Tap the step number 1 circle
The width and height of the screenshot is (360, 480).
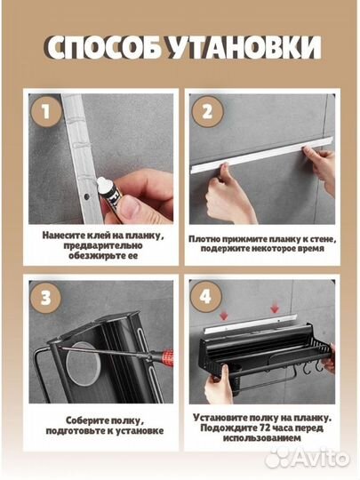pyautogui.click(x=46, y=111)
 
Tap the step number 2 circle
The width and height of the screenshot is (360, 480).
pyautogui.click(x=207, y=111)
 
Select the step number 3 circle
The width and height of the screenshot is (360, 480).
pyautogui.click(x=46, y=298)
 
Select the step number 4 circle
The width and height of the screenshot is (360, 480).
pyautogui.click(x=205, y=297)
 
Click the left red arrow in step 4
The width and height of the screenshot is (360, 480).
pyautogui.click(x=224, y=316)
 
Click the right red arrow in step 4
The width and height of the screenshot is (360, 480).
pyautogui.click(x=275, y=308)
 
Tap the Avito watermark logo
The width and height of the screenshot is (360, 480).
pyautogui.click(x=308, y=458)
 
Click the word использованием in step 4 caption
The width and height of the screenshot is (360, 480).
pyautogui.click(x=261, y=438)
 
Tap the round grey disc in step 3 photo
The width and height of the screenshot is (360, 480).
pyautogui.click(x=84, y=363)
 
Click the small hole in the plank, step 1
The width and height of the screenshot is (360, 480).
pyautogui.click(x=87, y=196)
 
